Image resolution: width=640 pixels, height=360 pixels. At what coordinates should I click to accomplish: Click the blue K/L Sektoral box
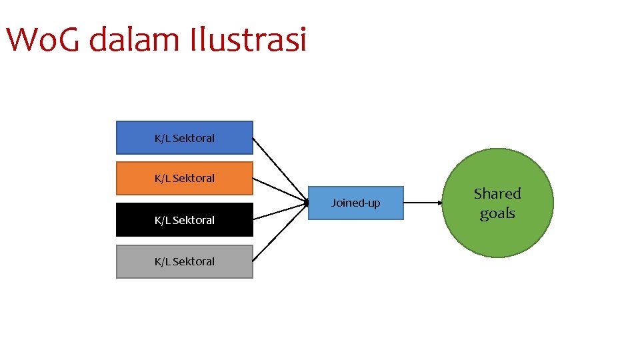(185, 137)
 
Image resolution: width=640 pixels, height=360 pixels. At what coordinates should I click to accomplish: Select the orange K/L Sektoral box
(185, 177)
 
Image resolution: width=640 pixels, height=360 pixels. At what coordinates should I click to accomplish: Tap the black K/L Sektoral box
(185, 219)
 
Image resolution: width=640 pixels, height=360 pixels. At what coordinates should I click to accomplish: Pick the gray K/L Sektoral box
(185, 261)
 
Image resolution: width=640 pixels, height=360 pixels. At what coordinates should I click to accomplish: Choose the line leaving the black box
(280, 210)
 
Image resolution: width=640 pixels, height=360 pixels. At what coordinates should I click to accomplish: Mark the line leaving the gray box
(280, 230)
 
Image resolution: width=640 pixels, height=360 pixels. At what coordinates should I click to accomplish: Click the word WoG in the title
(43, 40)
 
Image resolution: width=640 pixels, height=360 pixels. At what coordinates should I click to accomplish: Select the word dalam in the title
(134, 40)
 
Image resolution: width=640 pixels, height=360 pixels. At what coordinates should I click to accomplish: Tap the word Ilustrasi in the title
(247, 40)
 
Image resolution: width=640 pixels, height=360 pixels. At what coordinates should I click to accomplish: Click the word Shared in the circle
(497, 194)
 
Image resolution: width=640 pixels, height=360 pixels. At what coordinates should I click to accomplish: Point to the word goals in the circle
(497, 213)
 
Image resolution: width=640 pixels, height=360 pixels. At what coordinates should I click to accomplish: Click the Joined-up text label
(356, 203)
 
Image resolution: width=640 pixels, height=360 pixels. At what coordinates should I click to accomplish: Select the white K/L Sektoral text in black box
(185, 220)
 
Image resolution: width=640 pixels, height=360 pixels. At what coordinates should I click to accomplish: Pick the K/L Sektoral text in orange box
(185, 178)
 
